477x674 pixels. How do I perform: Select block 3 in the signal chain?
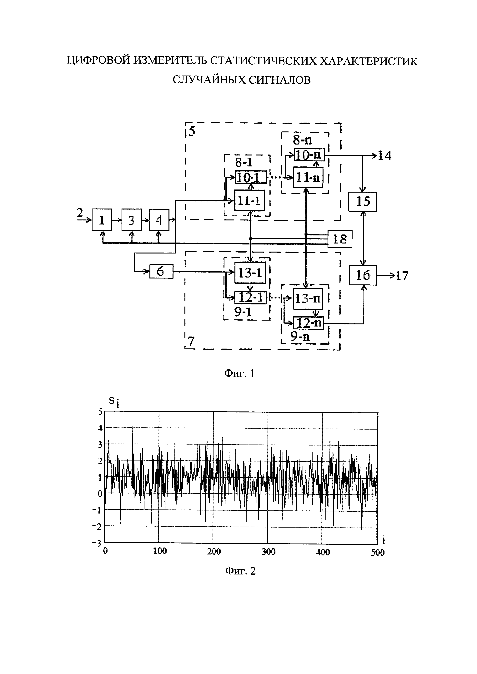click(x=132, y=220)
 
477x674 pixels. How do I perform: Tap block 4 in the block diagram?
click(x=159, y=220)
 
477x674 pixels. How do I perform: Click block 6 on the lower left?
click(x=161, y=271)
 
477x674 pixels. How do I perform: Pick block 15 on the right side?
click(x=362, y=201)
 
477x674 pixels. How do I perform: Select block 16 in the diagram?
click(x=363, y=275)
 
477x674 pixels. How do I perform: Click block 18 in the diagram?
click(x=340, y=239)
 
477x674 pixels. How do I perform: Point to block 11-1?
click(x=249, y=200)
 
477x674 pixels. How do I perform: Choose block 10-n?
click(x=310, y=155)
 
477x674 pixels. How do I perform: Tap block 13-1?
click(x=250, y=273)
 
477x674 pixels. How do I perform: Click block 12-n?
click(x=308, y=323)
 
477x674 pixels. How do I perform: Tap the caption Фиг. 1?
click(x=239, y=374)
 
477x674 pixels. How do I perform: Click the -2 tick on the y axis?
click(x=97, y=527)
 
